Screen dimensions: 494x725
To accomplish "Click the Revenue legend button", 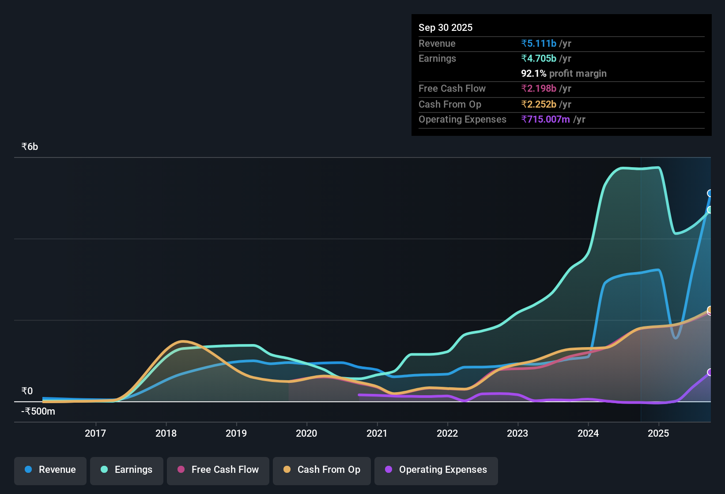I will [x=50, y=470].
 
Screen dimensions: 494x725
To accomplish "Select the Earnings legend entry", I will [x=127, y=470].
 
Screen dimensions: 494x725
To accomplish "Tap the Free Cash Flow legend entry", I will [x=218, y=470].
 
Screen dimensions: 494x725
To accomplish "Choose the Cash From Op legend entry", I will [x=322, y=470].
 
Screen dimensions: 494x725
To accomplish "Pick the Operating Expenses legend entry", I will [x=436, y=470].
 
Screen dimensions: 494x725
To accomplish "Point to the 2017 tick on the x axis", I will [x=95, y=433].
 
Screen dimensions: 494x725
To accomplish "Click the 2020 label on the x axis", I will [x=306, y=433].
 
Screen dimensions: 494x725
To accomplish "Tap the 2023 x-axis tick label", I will [x=517, y=433].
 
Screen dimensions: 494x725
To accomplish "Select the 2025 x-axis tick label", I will [x=658, y=433].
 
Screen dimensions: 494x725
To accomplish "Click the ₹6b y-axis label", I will [x=30, y=147].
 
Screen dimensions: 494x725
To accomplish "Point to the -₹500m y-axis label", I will [x=38, y=412].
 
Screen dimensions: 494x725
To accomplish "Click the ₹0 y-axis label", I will [x=27, y=391].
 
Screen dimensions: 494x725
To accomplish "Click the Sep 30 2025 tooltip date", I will [x=446, y=28].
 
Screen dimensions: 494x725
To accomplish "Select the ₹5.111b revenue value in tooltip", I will [x=539, y=43].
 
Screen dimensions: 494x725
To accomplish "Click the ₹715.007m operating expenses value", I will [x=545, y=120].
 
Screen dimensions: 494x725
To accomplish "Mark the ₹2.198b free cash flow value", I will [x=539, y=89].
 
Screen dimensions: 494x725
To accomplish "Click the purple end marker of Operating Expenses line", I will [x=710, y=372].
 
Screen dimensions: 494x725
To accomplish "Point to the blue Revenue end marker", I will [x=710, y=193].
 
